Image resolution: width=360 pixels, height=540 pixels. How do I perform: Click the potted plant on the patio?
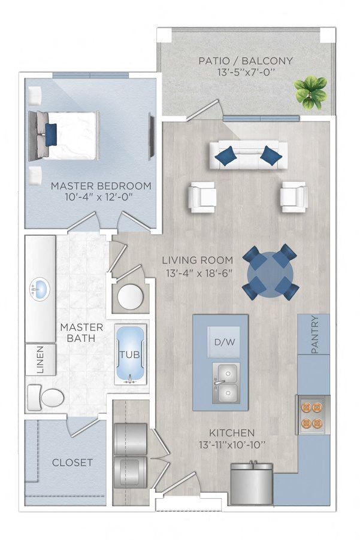pos(309,92)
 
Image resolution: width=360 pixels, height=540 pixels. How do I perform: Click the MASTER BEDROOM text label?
pos(101,186)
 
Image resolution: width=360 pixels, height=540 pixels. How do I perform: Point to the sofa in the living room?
pos(247,154)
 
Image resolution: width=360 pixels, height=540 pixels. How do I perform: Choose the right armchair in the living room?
pos(294,196)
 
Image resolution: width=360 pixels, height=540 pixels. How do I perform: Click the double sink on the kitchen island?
pos(226,383)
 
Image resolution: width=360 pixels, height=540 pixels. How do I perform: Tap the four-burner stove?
pos(312,414)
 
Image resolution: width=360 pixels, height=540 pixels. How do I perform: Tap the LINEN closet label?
pos(40,360)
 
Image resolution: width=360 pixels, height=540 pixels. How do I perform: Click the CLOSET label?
pos(72,462)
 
